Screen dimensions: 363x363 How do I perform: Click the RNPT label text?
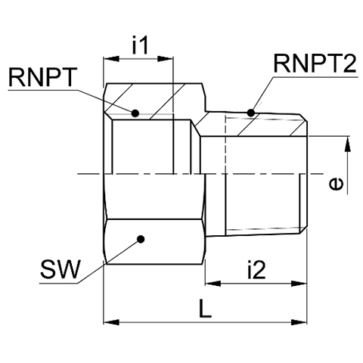pyautogui.click(x=42, y=77)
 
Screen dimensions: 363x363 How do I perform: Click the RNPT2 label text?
pyautogui.click(x=315, y=64)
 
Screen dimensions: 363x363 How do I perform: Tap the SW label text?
pyautogui.click(x=60, y=269)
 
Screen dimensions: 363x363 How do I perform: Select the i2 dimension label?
pyautogui.click(x=256, y=269)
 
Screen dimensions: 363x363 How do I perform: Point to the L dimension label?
pyautogui.click(x=205, y=309)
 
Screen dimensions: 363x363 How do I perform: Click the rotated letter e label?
pyautogui.click(x=337, y=183)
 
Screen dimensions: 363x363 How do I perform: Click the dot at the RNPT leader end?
pyautogui.click(x=135, y=113)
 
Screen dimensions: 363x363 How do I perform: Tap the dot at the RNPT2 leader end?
pyautogui.click(x=250, y=113)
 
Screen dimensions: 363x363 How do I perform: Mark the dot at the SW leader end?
pyautogui.click(x=141, y=239)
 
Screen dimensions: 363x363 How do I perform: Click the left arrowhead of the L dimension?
pyautogui.click(x=111, y=322)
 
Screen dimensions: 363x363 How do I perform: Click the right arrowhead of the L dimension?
pyautogui.click(x=299, y=322)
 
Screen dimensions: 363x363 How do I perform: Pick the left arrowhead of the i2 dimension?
pyautogui.click(x=213, y=284)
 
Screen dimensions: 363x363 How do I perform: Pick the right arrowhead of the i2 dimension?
pyautogui.click(x=299, y=284)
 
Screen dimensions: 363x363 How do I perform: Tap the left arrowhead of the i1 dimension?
pyautogui.click(x=111, y=59)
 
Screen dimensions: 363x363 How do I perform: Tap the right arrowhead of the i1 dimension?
pyautogui.click(x=165, y=59)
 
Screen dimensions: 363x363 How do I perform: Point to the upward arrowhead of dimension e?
pyautogui.click(x=347, y=144)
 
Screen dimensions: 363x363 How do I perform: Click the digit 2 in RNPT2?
pyautogui.click(x=350, y=64)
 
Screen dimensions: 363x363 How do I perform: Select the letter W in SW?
pyautogui.click(x=69, y=269)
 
